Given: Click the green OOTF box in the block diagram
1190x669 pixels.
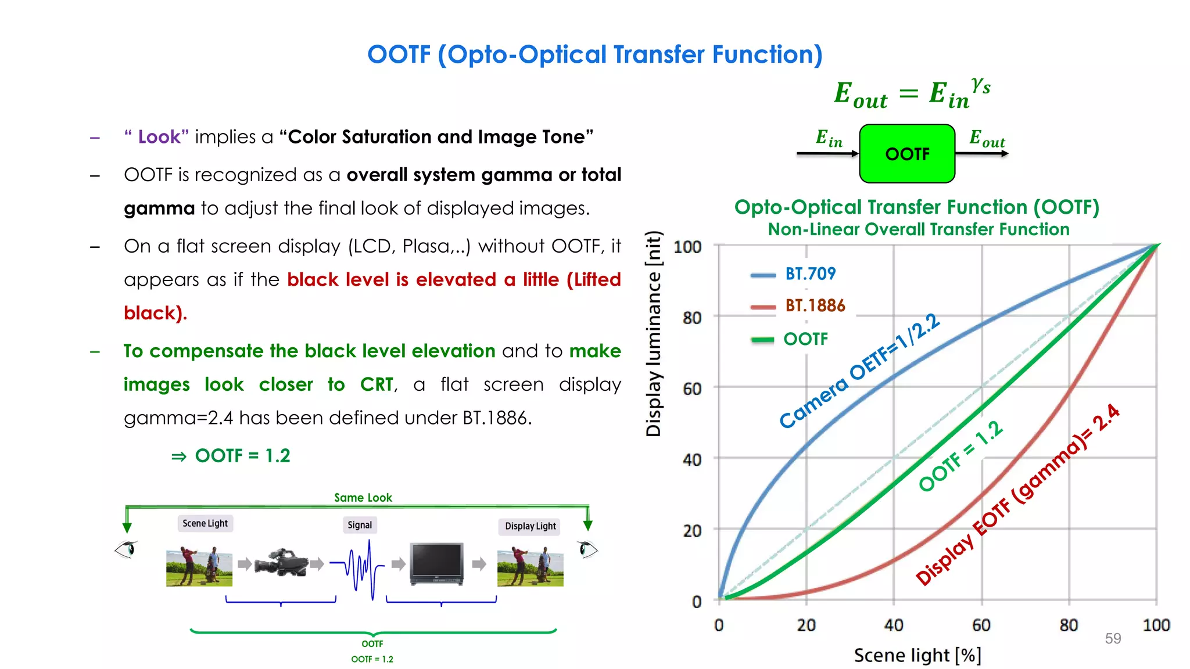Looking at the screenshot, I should [907, 154].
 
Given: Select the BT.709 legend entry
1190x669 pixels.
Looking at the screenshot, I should [810, 274].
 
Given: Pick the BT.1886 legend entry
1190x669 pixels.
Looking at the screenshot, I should [815, 305].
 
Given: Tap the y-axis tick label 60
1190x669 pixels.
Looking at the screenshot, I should [692, 389].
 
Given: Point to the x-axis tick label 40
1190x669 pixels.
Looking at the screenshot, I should [894, 625].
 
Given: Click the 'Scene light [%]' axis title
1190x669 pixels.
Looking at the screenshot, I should [917, 655].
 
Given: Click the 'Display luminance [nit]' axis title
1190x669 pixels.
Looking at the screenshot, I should [654, 333].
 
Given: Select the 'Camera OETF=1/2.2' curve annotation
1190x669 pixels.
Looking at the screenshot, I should [859, 371].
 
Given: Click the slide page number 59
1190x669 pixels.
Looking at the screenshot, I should [1113, 639].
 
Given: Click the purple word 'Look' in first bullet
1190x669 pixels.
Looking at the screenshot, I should [159, 137].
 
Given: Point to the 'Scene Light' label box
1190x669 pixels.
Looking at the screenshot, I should [205, 523].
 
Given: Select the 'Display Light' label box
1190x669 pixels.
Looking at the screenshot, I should [530, 526].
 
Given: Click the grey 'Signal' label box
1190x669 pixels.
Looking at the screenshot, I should [360, 525].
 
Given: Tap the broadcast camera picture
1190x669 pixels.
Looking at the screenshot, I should [282, 562].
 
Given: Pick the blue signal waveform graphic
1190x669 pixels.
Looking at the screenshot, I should [363, 566].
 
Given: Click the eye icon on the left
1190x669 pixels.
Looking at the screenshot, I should [126, 549].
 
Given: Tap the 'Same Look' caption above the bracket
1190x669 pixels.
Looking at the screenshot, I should [363, 498].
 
